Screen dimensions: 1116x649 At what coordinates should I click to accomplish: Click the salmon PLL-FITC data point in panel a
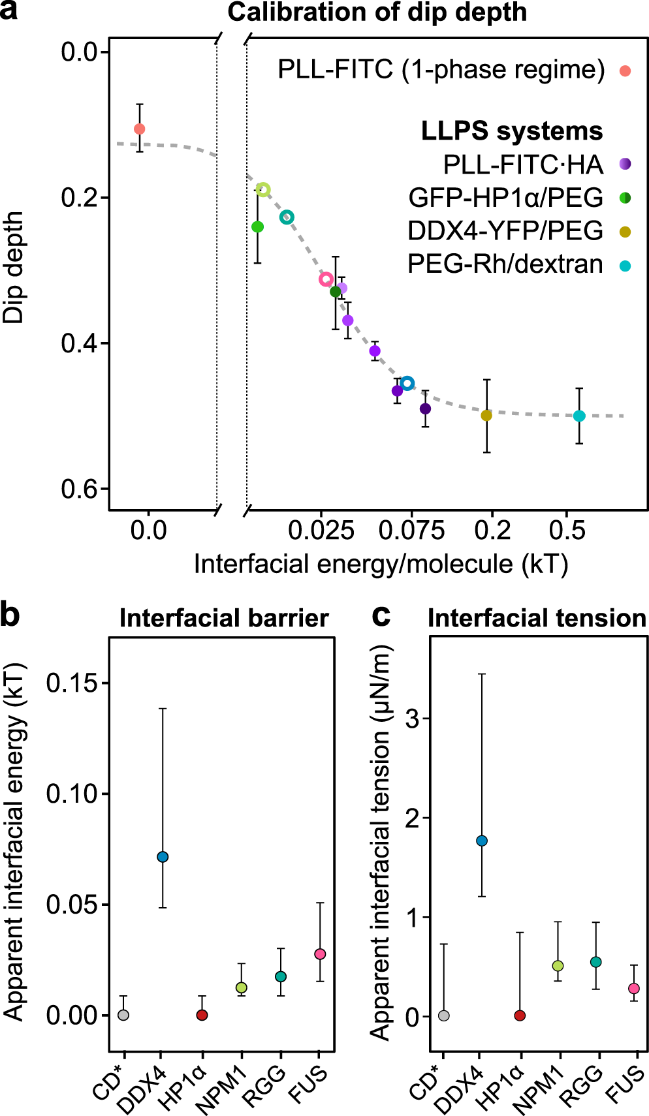point(139,129)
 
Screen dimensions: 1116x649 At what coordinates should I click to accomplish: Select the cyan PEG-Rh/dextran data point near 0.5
point(579,416)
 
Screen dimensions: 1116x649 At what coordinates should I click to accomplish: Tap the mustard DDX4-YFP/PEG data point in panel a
point(486,415)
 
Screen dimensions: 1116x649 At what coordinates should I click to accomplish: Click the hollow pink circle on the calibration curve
point(326,279)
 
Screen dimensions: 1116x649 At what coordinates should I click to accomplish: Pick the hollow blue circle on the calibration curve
point(407,383)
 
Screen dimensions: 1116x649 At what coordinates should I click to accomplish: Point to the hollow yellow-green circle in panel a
point(263,190)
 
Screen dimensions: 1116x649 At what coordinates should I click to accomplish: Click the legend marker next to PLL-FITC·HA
point(625,164)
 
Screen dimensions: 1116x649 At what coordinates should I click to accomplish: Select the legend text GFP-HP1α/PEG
point(505,197)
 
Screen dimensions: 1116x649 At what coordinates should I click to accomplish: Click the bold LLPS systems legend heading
point(511,131)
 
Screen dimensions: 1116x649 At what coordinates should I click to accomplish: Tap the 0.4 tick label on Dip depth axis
point(81,343)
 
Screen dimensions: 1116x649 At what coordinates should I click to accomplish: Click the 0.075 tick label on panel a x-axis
point(411,530)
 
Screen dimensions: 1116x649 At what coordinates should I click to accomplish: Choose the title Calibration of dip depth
point(377,12)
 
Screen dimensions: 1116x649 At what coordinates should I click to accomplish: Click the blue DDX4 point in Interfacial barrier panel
point(163,857)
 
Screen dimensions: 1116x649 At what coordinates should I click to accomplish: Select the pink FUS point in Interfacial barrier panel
point(320,954)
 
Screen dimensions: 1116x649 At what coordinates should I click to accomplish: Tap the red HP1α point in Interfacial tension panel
point(520,1015)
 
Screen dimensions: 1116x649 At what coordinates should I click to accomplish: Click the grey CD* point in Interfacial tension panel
point(444,1015)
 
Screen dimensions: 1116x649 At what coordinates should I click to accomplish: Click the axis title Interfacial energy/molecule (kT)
point(381,564)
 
